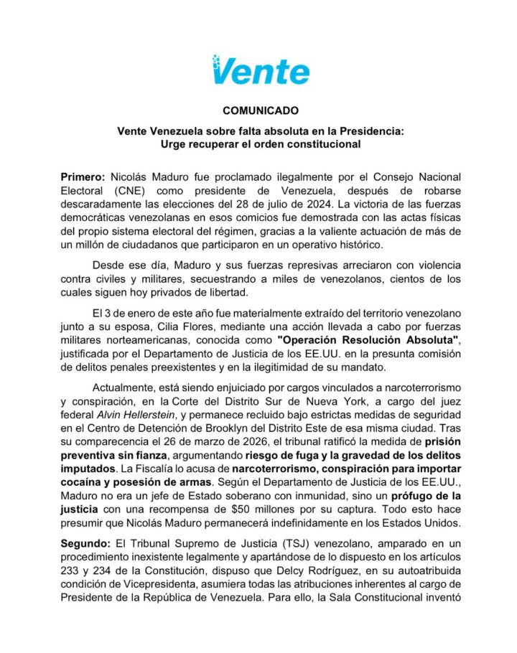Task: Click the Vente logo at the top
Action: (x=260, y=70)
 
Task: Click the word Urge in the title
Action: (x=175, y=144)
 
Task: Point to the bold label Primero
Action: (x=83, y=177)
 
